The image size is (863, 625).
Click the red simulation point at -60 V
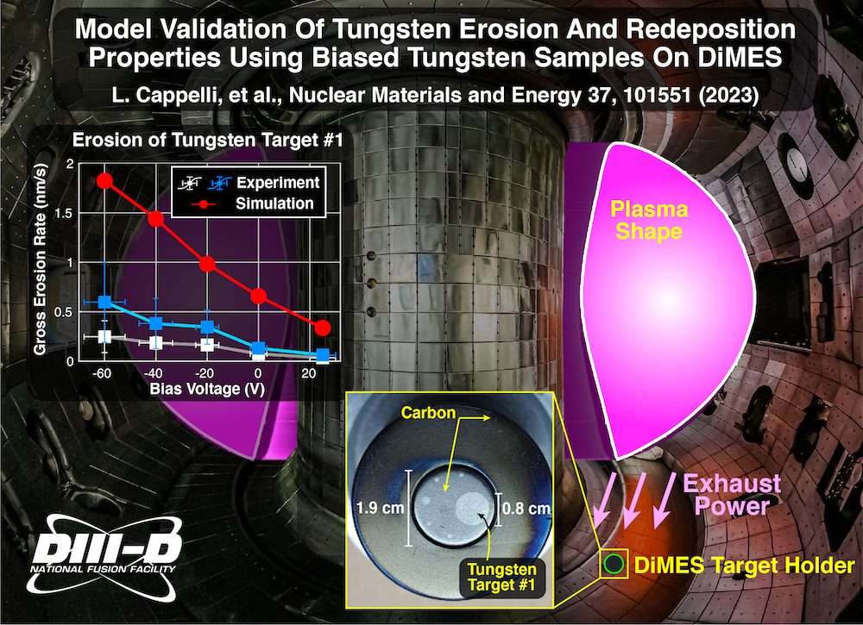[105, 180]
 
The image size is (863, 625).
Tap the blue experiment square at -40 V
[156, 323]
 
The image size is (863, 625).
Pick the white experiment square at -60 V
[105, 336]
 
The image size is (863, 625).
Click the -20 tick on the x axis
[207, 372]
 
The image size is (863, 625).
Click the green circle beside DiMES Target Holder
[614, 565]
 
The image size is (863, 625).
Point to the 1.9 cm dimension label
[379, 509]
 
